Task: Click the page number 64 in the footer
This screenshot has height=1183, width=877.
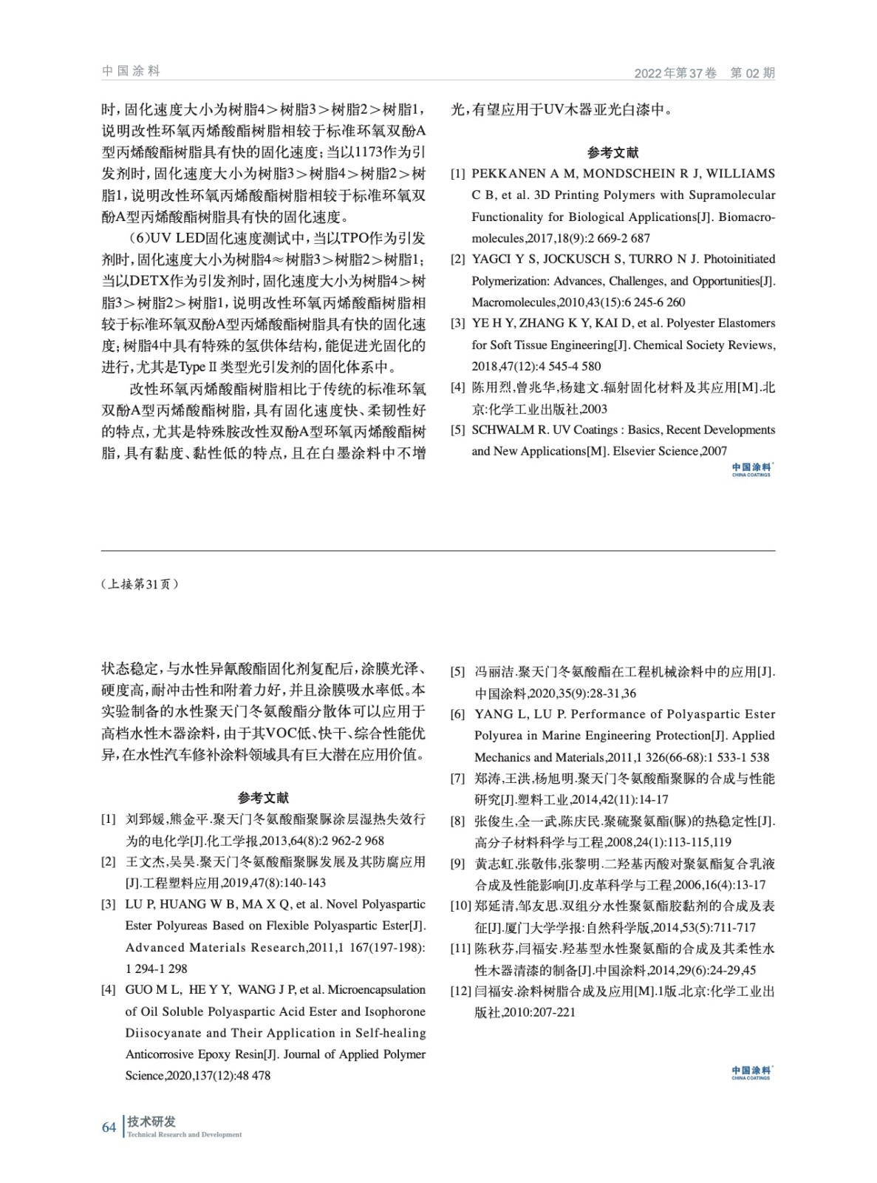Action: [x=109, y=1128]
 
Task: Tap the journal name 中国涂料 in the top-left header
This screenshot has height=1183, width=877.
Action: [x=131, y=71]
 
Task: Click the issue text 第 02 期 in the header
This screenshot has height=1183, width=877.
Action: [x=752, y=73]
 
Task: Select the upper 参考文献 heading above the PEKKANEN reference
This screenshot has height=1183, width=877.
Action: [x=612, y=152]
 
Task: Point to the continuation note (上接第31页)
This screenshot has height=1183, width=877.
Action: [x=140, y=584]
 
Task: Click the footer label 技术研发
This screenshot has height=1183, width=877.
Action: [x=151, y=1122]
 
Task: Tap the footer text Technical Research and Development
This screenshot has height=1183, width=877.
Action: [x=184, y=1135]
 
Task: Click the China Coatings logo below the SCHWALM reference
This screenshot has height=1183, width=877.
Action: [x=751, y=470]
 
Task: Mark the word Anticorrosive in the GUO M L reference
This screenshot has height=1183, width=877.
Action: [x=161, y=1054]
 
